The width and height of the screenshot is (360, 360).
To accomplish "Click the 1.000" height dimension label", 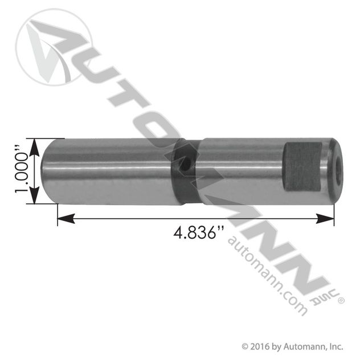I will [22, 171].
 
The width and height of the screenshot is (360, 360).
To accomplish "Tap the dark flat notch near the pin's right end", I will [302, 167].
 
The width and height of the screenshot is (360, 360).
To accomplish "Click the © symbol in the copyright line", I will [245, 346].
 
